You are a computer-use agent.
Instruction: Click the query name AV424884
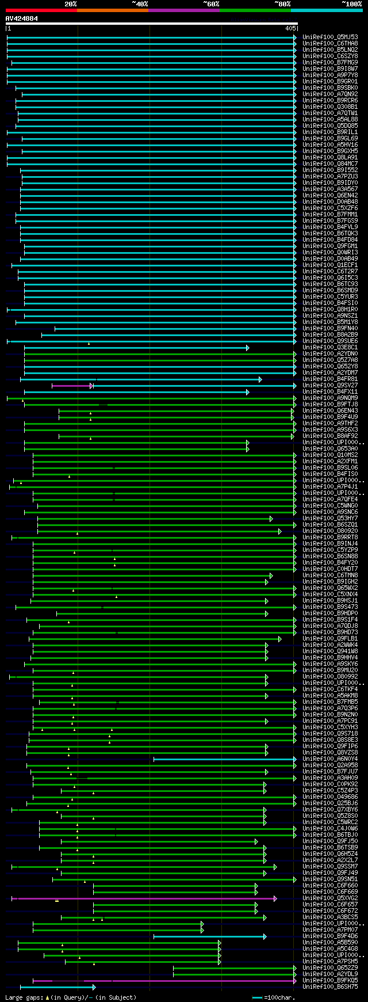(x=22, y=18)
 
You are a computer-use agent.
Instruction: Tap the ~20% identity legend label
(x=70, y=3)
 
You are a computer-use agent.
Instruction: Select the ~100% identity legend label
(x=351, y=3)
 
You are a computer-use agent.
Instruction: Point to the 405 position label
(x=289, y=28)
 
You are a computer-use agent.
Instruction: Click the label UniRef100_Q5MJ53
(x=330, y=37)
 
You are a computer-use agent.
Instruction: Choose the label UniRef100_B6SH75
(x=330, y=986)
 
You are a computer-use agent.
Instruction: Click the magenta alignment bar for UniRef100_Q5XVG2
(x=144, y=898)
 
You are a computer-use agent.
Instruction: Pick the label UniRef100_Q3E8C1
(x=330, y=347)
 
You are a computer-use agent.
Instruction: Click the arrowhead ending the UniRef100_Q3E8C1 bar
(x=248, y=348)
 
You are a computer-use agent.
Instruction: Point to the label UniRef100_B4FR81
(x=330, y=379)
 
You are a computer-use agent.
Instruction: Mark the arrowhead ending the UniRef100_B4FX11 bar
(x=248, y=392)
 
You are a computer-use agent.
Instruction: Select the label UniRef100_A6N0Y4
(x=330, y=759)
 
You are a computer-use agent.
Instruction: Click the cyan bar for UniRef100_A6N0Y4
(x=224, y=759)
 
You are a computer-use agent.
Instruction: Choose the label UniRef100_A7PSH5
(x=330, y=961)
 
